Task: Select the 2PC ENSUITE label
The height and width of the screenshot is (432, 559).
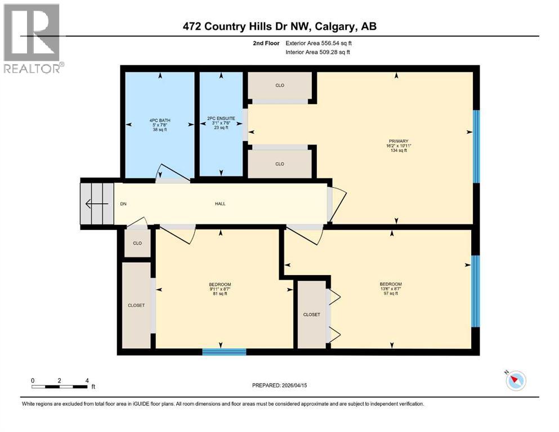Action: [218, 119]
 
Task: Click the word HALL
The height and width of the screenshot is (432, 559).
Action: [220, 204]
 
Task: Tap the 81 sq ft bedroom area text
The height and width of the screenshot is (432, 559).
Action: [220, 294]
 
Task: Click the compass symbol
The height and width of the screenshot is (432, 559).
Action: [515, 381]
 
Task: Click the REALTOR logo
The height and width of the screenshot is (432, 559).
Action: [33, 39]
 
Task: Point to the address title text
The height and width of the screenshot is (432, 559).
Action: [279, 26]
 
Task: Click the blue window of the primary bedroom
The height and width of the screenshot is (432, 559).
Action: [476, 146]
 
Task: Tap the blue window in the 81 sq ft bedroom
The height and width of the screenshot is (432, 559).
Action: [224, 352]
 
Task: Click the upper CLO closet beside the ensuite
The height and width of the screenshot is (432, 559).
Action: [280, 85]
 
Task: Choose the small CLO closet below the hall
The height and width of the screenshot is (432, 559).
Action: [137, 244]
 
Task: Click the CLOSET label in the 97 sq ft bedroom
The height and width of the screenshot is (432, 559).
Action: [311, 314]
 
